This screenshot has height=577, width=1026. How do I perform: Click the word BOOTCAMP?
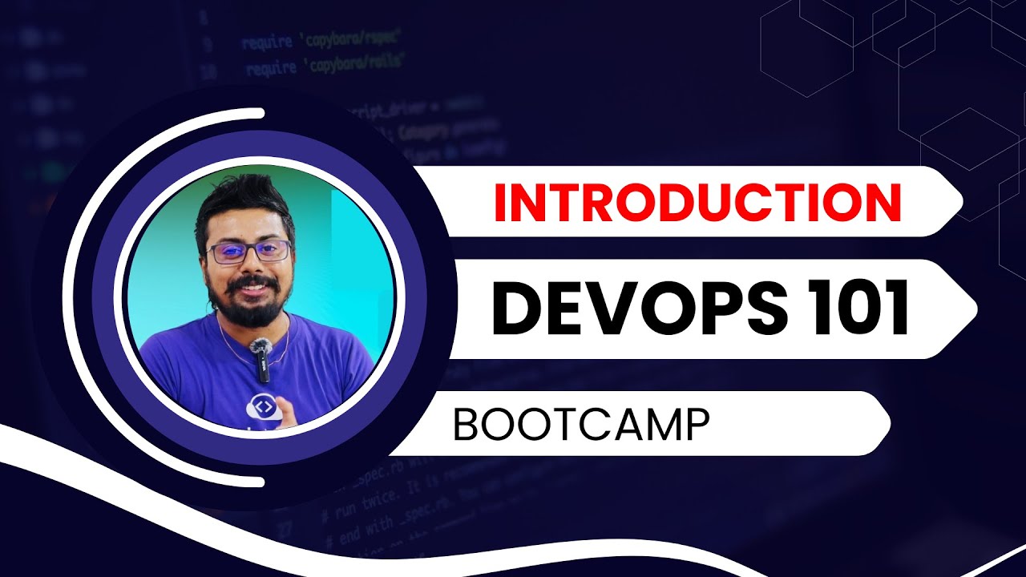coord(581,426)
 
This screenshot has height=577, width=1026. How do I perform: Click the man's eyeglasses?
coord(248,251)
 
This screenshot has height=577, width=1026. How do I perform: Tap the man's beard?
coord(248,309)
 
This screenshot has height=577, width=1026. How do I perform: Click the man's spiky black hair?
coord(240,200)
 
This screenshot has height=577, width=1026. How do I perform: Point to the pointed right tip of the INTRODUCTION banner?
coord(960,201)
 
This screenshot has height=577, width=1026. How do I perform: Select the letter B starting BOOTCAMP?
coord(466,426)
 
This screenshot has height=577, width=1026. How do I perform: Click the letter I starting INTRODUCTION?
coord(499,202)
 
